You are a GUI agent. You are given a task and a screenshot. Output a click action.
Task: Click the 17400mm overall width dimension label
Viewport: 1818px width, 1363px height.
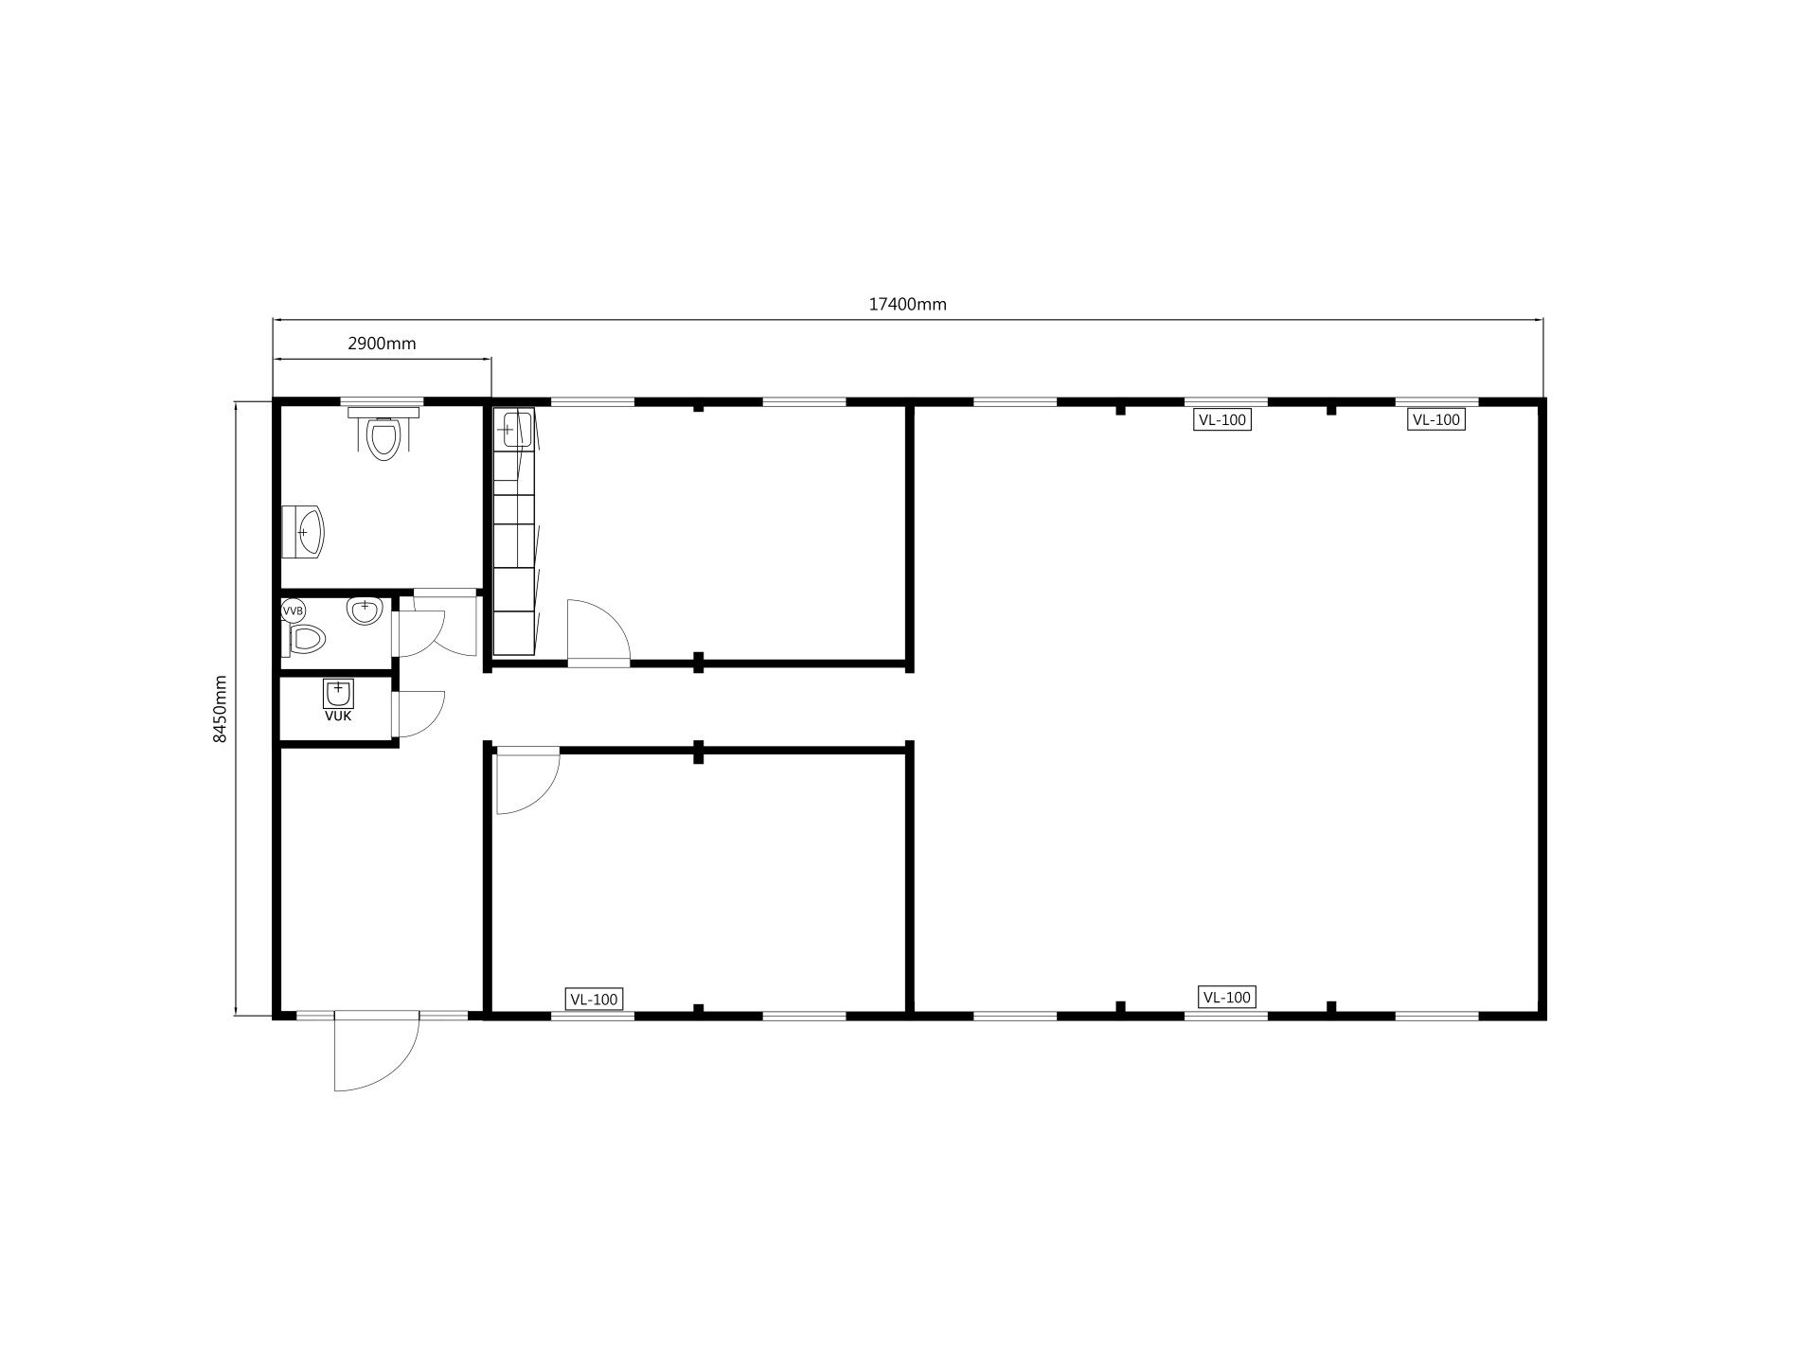[907, 304]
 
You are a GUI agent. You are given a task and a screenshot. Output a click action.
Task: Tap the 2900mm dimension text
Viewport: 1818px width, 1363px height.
[382, 344]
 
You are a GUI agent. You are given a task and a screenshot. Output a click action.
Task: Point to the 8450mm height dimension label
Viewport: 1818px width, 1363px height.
[220, 709]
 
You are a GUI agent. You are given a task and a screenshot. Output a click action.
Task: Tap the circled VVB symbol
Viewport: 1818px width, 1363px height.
[294, 611]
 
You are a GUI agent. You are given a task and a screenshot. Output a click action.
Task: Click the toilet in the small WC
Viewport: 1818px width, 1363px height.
[305, 639]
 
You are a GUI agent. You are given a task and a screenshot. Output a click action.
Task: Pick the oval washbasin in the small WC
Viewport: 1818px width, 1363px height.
[365, 610]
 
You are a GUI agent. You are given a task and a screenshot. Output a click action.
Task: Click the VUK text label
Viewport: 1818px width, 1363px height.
[338, 717]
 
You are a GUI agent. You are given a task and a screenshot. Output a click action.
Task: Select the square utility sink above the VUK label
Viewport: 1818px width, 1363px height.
[338, 694]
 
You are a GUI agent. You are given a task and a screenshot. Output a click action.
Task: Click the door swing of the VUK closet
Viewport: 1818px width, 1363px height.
[419, 714]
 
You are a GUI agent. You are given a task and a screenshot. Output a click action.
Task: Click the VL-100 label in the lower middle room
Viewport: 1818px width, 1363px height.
[594, 999]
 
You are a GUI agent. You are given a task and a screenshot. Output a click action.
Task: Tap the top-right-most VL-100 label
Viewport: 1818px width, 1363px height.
[1436, 419]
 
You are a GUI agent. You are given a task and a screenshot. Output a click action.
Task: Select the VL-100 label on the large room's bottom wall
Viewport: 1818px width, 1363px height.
[1226, 997]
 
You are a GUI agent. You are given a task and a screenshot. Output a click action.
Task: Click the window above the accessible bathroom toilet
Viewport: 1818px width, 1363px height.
[382, 401]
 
